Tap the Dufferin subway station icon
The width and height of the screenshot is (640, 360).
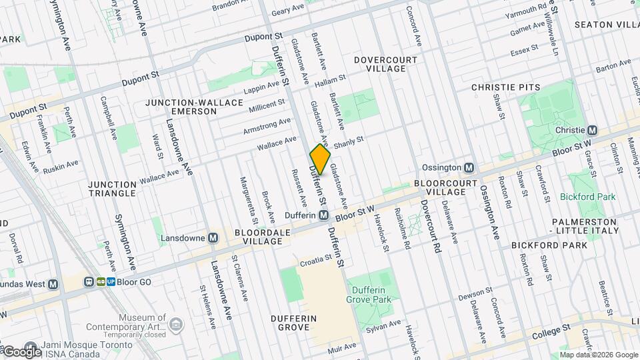[323, 215]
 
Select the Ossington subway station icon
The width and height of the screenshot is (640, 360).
[469, 167]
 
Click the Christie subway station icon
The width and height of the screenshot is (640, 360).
[591, 130]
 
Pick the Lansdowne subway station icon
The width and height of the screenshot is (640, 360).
[213, 238]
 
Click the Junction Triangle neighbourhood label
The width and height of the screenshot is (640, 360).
[113, 189]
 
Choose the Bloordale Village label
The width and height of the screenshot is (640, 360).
[258, 237]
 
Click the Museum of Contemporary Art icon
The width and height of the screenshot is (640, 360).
[176, 325]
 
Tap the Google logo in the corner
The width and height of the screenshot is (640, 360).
[22, 351]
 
